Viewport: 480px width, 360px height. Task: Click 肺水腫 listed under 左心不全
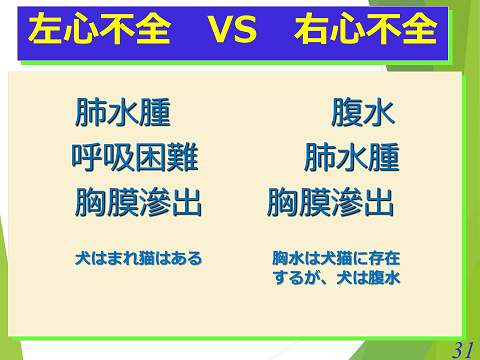(122, 113)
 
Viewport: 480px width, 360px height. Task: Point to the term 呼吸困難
(135, 158)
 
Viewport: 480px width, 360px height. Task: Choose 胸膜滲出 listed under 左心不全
(138, 203)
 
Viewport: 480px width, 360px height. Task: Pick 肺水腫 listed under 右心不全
(351, 158)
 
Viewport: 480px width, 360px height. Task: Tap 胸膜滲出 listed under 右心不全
(330, 203)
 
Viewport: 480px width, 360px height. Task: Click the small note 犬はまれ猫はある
(138, 258)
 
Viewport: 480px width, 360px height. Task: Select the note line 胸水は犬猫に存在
(336, 258)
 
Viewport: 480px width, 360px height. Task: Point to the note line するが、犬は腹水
(336, 278)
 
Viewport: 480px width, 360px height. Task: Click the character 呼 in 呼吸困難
(87, 158)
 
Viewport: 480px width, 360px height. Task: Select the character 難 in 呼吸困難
(183, 158)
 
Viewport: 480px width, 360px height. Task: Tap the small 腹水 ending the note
(384, 278)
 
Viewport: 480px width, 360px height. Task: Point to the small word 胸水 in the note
(288, 258)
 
